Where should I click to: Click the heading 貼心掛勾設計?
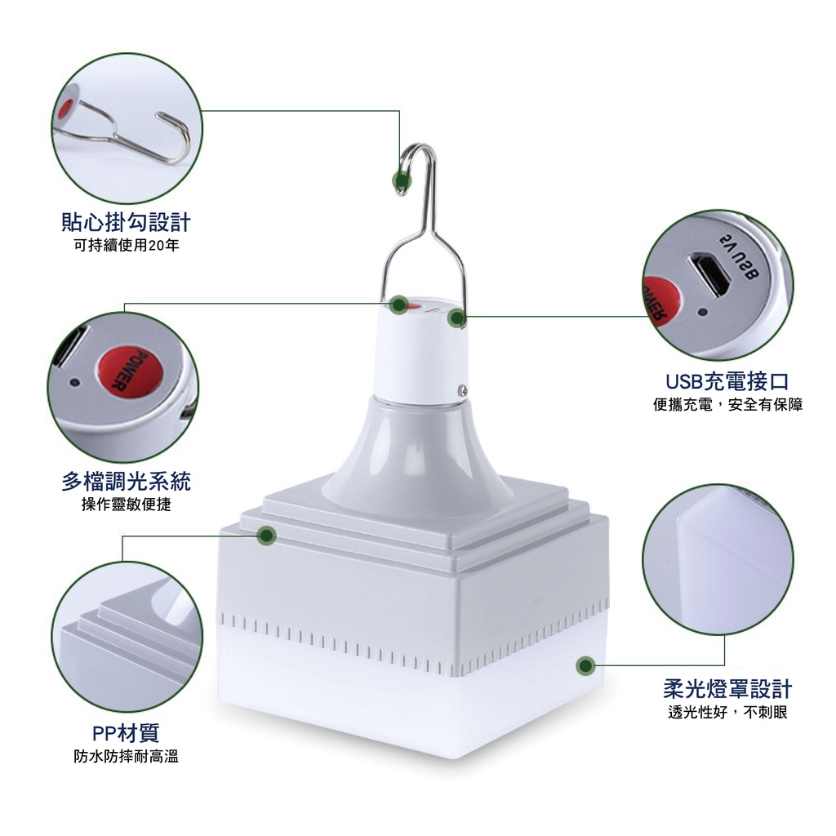(126, 222)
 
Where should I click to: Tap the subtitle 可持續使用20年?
(127, 245)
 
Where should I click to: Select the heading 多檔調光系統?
(126, 482)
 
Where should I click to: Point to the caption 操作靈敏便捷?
(127, 505)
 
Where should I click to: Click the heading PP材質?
(126, 733)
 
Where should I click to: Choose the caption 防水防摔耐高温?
(127, 756)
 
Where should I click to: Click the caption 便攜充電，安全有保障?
(727, 405)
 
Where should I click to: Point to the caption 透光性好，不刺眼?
(727, 712)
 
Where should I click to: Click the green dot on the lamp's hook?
(402, 181)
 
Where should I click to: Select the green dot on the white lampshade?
(585, 665)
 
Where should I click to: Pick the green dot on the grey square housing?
(267, 536)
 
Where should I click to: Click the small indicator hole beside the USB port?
(702, 311)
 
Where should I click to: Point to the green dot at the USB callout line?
(457, 318)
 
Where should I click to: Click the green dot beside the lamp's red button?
(398, 305)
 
